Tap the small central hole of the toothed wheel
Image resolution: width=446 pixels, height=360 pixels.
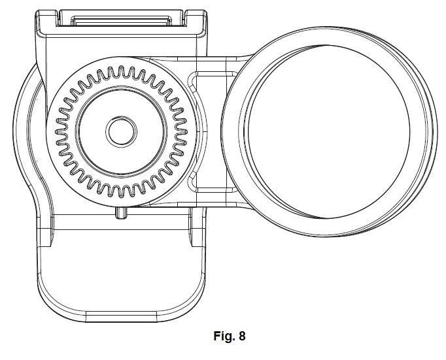(120, 131)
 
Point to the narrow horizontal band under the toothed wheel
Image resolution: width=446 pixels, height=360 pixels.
(118, 222)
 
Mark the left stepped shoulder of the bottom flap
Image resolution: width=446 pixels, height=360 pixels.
(44, 235)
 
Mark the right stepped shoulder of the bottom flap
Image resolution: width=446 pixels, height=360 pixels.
(196, 235)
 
